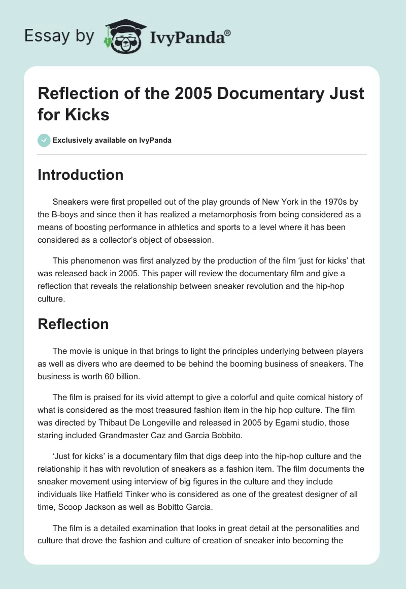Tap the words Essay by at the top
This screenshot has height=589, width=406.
tap(60, 36)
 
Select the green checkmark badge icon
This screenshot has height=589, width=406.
tap(44, 140)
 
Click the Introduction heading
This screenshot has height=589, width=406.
tap(80, 175)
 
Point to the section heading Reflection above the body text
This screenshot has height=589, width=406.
tap(73, 324)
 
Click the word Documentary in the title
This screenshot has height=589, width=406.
tap(259, 94)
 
